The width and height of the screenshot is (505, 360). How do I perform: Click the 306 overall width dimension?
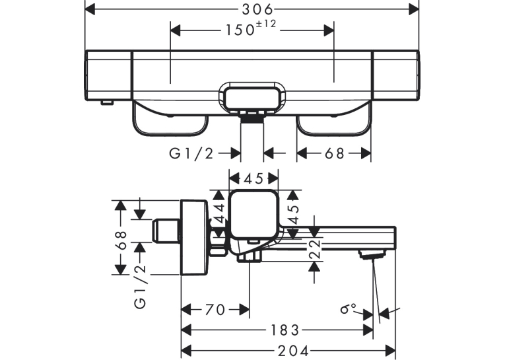point(257,10)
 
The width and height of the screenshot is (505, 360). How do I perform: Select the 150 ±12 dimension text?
point(251,28)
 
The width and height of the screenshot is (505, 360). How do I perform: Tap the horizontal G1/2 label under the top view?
point(191,153)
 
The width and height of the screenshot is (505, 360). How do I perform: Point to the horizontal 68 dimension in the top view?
point(334,153)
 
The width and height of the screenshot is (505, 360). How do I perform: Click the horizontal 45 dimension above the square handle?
point(253,178)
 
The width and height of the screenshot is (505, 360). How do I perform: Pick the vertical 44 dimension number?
point(219,213)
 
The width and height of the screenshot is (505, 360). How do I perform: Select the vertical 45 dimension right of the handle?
point(293,214)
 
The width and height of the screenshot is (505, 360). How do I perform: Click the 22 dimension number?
point(315,249)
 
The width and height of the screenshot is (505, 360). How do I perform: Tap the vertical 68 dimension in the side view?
point(121,240)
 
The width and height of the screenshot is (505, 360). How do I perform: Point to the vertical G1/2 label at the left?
point(141,287)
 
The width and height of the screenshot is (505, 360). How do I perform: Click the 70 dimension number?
point(215,310)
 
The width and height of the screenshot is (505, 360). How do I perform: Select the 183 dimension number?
point(285,330)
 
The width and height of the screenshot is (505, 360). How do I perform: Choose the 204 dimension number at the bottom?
point(293,351)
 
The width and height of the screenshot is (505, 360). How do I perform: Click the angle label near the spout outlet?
point(348,308)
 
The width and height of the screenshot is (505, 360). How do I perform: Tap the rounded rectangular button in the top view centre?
point(252,98)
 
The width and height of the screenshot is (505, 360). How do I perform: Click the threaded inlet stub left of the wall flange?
point(166,231)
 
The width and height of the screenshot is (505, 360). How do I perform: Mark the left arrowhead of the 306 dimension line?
point(90,10)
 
